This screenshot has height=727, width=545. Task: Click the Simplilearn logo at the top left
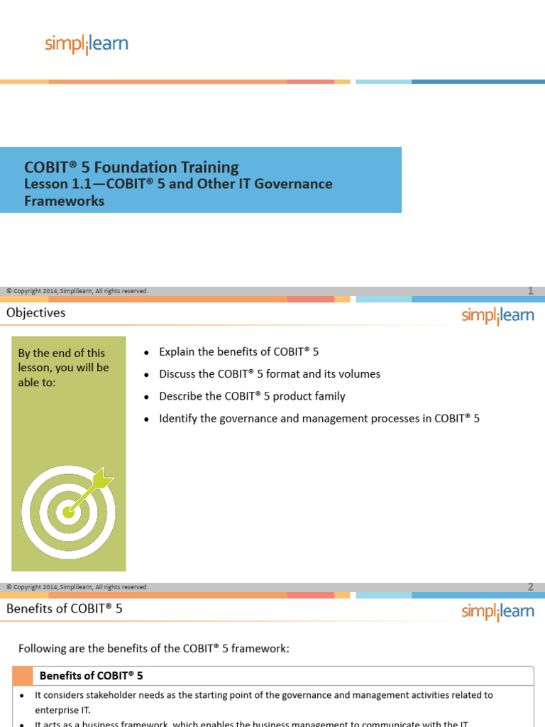click(87, 44)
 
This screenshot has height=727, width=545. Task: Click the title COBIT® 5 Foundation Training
click(132, 168)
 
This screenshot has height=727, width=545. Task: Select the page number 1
click(530, 290)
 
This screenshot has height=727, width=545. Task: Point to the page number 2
click(530, 586)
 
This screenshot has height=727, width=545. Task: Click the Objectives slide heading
click(35, 312)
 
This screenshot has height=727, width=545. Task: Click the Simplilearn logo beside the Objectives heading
click(497, 315)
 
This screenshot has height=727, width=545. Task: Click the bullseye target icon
click(68, 509)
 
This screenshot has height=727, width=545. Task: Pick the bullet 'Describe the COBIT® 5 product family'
click(252, 396)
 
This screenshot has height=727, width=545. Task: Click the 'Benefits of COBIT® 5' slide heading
click(65, 608)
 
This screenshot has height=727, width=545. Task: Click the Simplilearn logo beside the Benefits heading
click(497, 611)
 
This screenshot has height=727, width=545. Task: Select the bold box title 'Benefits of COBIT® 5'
click(92, 676)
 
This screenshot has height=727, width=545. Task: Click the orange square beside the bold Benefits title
click(23, 676)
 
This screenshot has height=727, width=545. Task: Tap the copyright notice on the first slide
click(77, 290)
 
